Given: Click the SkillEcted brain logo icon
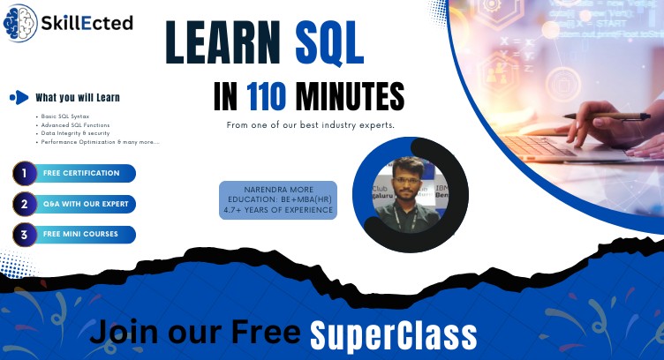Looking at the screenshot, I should click(21, 23).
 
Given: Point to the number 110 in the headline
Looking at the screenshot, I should click(268, 95).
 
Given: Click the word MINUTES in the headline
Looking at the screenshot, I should click(351, 95).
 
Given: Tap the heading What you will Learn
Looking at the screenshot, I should click(78, 97).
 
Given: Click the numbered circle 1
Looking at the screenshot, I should click(25, 174).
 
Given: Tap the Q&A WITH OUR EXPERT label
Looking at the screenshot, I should click(87, 204).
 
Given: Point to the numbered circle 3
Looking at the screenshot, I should click(25, 235).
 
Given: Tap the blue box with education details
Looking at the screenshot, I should click(278, 199).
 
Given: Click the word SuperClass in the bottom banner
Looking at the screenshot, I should click(393, 334).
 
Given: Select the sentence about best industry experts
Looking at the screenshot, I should click(310, 125).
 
